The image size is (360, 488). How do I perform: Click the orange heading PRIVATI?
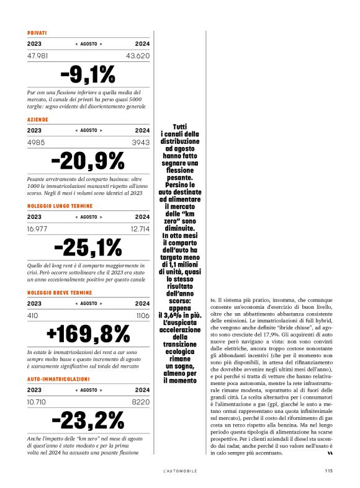(x=37, y=32)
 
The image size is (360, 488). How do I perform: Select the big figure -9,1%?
(x=88, y=74)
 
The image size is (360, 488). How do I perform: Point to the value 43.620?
(x=138, y=56)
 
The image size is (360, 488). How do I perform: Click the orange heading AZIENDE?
(x=38, y=119)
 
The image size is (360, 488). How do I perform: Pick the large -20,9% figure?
(x=88, y=161)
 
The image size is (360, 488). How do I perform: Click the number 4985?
(x=37, y=143)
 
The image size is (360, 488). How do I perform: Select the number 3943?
(x=140, y=143)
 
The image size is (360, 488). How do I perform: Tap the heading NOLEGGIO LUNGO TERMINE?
(x=60, y=205)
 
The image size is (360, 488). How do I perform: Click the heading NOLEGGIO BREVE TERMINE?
(x=60, y=292)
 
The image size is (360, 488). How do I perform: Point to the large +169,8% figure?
(x=88, y=334)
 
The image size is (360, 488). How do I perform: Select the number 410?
(x=33, y=315)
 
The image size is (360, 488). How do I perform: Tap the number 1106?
(x=142, y=315)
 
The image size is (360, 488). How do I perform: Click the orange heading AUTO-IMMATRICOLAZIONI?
(x=58, y=378)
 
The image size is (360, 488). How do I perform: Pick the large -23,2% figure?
(x=88, y=420)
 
